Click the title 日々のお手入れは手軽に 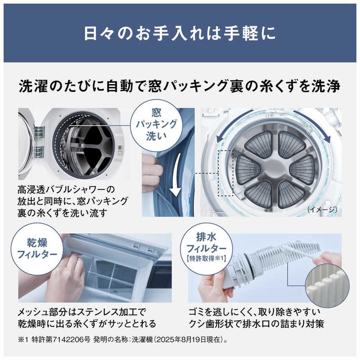[180, 33]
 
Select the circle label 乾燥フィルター [37, 249]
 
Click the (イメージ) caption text [322, 209]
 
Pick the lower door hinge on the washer [39, 152]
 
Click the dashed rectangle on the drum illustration [225, 173]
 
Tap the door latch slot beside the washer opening [120, 149]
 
